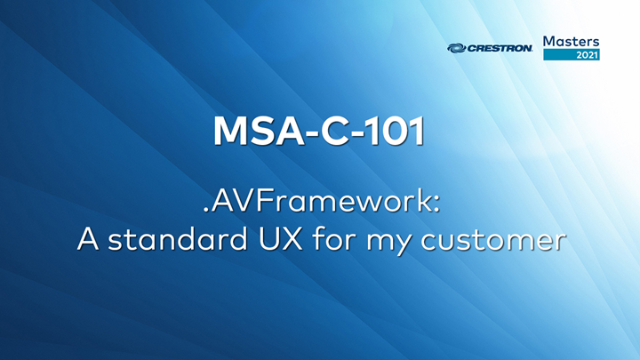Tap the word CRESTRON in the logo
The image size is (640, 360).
[x=500, y=49]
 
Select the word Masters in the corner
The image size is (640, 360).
[x=571, y=41]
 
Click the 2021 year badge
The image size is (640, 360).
[x=588, y=55]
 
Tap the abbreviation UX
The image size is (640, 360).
[x=276, y=241]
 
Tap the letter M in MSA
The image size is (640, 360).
[x=230, y=131]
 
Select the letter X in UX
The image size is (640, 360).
[x=287, y=241]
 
